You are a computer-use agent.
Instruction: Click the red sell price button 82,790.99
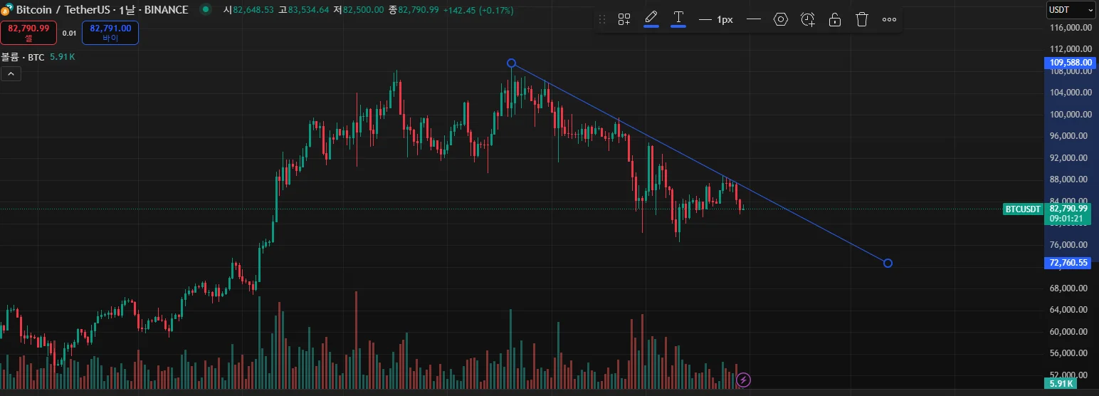[x=28, y=32]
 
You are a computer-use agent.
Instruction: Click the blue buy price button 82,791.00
[x=110, y=32]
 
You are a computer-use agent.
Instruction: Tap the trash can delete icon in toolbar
[x=862, y=19]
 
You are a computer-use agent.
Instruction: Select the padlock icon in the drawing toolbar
[x=835, y=19]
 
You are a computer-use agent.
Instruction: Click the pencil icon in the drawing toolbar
[x=651, y=18]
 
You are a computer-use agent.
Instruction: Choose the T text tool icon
[x=678, y=18]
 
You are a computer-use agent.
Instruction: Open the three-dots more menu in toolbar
[x=889, y=19]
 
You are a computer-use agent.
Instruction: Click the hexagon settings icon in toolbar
[x=781, y=19]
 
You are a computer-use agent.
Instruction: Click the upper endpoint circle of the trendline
[x=511, y=63]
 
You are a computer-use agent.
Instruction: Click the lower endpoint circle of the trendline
[x=888, y=264]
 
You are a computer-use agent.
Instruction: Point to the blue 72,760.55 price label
[x=1069, y=263]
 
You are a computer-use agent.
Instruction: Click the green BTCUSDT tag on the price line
[x=1023, y=209]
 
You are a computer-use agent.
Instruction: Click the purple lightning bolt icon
[x=744, y=380]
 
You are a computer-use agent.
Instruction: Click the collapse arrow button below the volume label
[x=10, y=73]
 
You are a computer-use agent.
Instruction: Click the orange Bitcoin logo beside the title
[x=6, y=10]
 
